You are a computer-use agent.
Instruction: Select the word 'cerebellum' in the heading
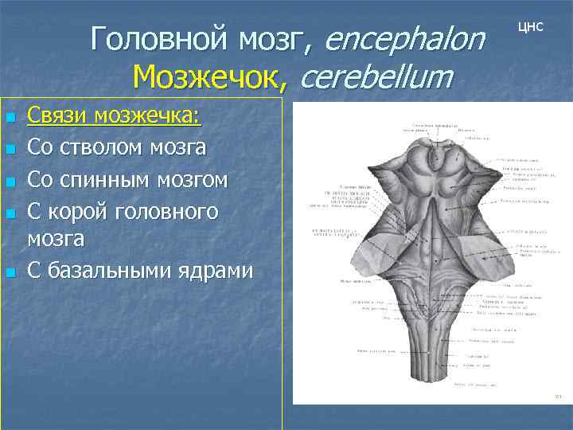point(376,78)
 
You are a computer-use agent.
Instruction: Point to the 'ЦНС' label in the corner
point(530,27)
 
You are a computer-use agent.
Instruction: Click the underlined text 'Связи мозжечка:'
point(114,117)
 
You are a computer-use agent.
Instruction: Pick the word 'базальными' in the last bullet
point(116,271)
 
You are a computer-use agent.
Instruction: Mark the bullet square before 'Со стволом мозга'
point(10,149)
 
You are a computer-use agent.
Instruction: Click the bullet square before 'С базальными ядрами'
point(10,272)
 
